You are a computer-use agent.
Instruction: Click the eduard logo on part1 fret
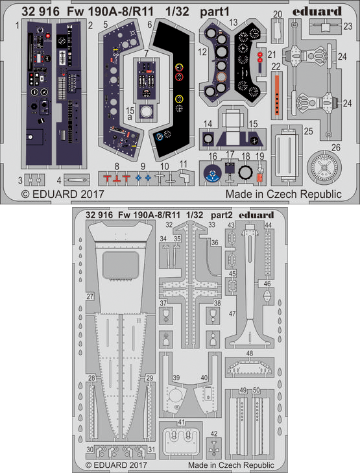[317, 12]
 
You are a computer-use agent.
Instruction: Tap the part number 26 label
[336, 147]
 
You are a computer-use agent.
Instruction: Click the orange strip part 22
[277, 95]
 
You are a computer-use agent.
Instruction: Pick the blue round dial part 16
[213, 175]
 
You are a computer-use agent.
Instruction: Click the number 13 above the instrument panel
[234, 22]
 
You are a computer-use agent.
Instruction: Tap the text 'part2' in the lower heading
[222, 215]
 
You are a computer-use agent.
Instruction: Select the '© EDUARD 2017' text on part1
[63, 194]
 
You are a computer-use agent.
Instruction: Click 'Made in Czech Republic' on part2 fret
[231, 465]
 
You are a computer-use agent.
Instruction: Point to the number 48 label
[250, 353]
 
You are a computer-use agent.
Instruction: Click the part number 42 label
[214, 434]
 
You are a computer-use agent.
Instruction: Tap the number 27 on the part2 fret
[90, 297]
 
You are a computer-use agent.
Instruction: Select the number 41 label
[181, 422]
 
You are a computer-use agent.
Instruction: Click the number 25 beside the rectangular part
[309, 131]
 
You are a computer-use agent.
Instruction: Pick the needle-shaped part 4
[77, 180]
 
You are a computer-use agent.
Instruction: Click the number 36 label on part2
[215, 243]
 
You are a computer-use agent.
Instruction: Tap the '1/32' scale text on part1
[177, 12]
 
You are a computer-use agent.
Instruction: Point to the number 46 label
[267, 284]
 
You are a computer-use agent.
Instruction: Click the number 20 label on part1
[278, 14]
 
